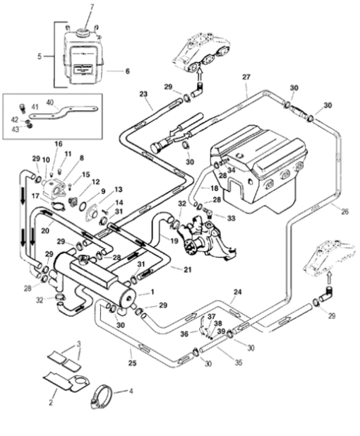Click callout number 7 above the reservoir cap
pyautogui.click(x=90, y=6)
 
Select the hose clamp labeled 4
pyautogui.click(x=102, y=396)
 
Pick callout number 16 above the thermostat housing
pyautogui.click(x=59, y=144)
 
